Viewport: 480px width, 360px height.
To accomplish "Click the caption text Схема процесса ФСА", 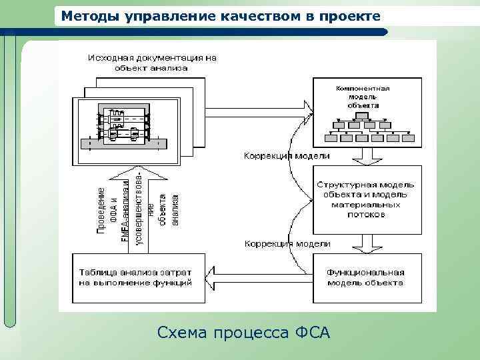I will click(x=244, y=331).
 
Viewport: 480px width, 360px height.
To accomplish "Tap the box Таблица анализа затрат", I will click(x=135, y=277).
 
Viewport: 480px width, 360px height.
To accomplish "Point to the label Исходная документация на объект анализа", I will click(x=152, y=63).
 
